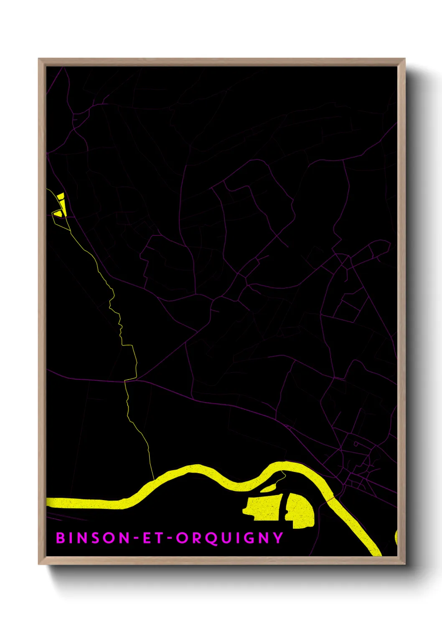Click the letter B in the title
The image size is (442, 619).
coord(61,538)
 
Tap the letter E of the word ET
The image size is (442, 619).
coord(147,538)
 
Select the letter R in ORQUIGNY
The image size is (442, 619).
coord(196,538)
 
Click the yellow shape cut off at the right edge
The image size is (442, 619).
coord(396,537)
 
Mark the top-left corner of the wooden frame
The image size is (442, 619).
coord(39,59)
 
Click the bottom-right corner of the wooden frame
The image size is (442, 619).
coord(404,564)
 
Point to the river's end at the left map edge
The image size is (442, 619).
coord(48,502)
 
